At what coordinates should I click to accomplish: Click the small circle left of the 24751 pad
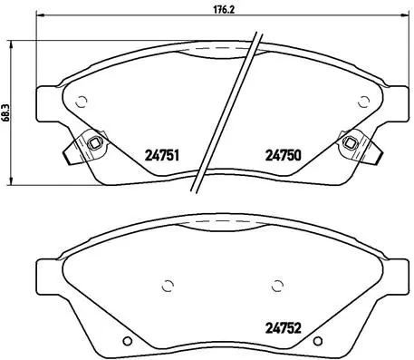click(x=81, y=101)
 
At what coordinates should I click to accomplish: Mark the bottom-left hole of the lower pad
click(x=127, y=342)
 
